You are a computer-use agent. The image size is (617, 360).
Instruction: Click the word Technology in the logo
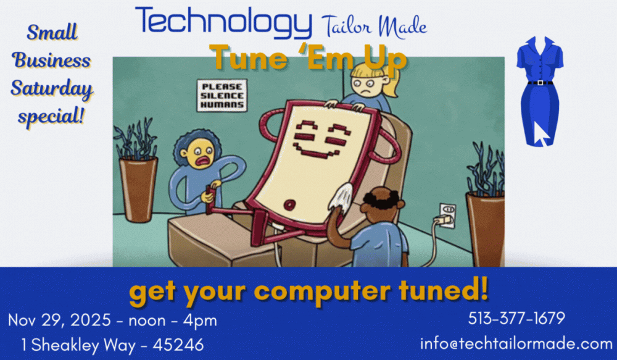[x=223, y=22]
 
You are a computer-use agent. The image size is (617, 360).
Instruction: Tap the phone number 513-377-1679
[x=516, y=318]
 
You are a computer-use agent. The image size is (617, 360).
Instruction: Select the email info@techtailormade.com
[x=516, y=343]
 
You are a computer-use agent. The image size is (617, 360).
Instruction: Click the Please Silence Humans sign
[x=222, y=96]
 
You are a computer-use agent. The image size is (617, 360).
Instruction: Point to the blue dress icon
[x=540, y=91]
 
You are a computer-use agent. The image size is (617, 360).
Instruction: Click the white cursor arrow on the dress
[x=542, y=134]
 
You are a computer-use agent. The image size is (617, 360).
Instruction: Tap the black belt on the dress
[x=540, y=83]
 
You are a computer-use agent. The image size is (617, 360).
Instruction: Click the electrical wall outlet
[x=447, y=216]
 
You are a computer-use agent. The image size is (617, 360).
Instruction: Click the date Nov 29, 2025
[x=59, y=320]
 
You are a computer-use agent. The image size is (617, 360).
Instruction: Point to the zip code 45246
[x=178, y=345]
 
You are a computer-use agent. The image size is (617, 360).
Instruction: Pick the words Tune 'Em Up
[x=308, y=57]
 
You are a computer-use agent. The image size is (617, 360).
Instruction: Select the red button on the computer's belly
[x=289, y=205]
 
